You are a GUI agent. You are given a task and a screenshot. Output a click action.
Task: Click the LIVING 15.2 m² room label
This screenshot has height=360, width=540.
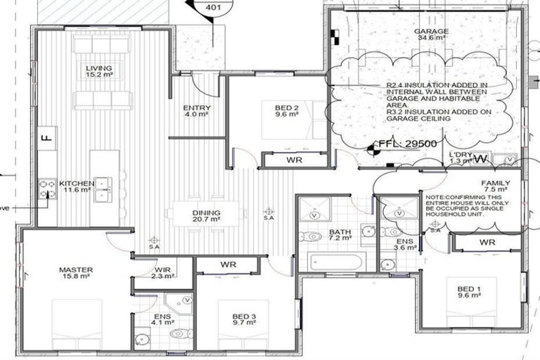[99, 70]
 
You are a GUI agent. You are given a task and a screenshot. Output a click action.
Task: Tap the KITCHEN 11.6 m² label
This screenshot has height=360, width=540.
[76, 187]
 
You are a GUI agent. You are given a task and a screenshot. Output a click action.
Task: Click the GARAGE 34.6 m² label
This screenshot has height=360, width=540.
[431, 35]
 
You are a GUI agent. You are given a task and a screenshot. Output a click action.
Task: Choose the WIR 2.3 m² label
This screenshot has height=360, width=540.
[162, 273]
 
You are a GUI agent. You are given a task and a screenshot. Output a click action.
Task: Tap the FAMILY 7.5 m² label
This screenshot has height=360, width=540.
[495, 186]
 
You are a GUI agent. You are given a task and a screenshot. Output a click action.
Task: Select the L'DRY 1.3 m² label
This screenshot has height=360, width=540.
[461, 157]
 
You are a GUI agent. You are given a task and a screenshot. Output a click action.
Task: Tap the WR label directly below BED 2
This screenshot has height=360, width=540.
[294, 160]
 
